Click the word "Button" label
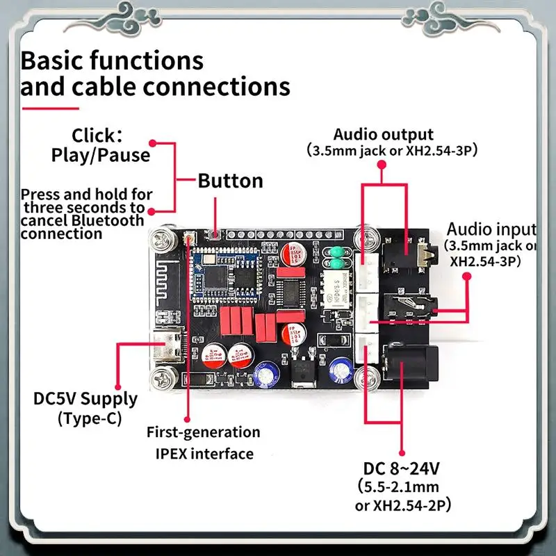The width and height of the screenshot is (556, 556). (230, 181)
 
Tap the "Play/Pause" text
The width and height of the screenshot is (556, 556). (101, 154)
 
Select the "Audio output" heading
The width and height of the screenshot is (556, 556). (383, 134)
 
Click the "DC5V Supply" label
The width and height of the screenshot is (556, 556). (85, 399)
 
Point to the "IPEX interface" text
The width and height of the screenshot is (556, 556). (204, 454)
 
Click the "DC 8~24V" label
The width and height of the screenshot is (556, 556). (401, 467)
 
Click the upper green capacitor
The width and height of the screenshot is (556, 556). (337, 252)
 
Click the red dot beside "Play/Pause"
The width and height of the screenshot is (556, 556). (154, 143)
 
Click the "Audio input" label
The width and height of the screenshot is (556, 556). (490, 229)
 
